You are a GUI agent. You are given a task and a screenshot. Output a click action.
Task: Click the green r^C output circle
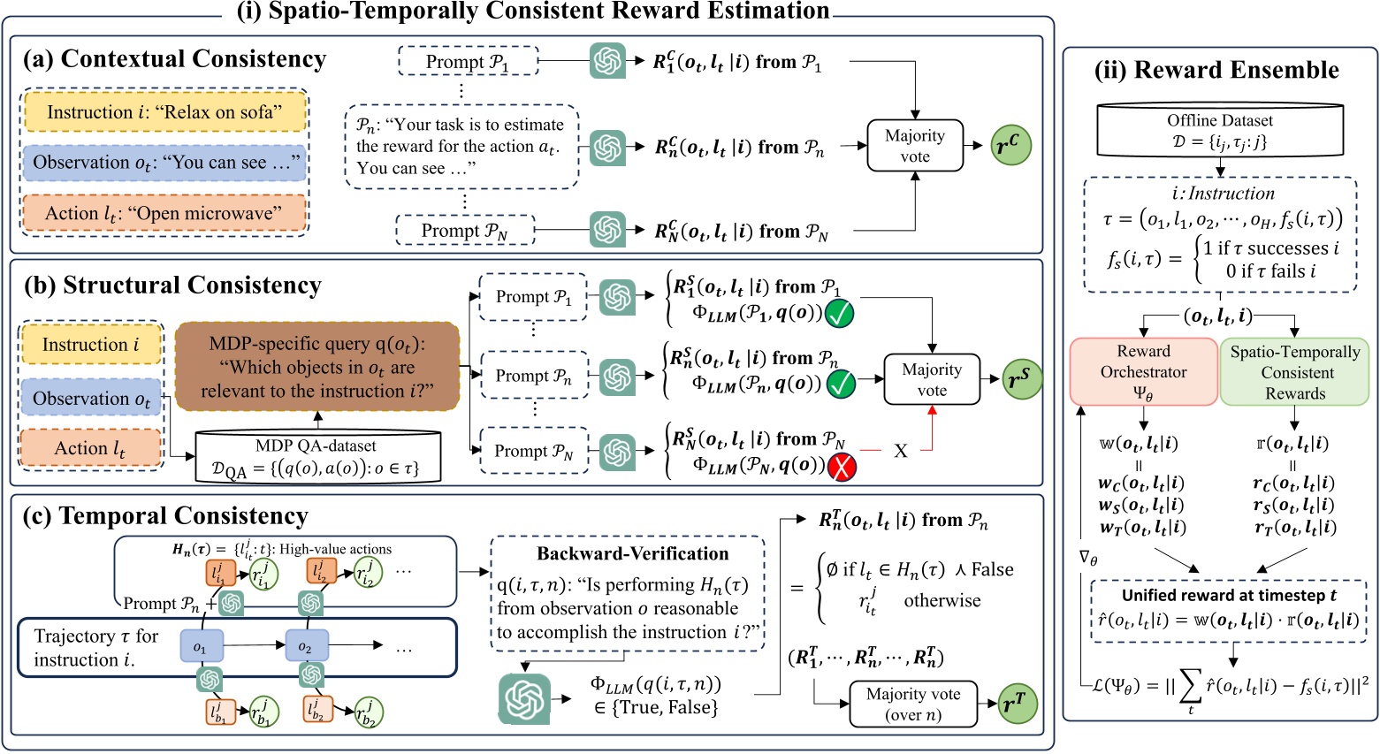(x=1010, y=144)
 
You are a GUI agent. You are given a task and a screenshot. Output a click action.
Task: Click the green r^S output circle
(x=1020, y=378)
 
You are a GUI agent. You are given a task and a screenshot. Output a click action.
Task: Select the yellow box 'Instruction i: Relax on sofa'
(x=165, y=112)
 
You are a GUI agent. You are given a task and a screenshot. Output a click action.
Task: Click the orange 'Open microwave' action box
(x=165, y=213)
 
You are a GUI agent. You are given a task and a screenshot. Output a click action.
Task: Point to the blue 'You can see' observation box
(x=165, y=163)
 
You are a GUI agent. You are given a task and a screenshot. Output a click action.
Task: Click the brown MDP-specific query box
(x=317, y=367)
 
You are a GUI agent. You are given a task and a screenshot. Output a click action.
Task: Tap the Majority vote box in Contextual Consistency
(x=915, y=146)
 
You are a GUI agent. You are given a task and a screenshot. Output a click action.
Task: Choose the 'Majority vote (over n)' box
(x=913, y=704)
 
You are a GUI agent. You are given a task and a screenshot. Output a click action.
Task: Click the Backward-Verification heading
(x=633, y=554)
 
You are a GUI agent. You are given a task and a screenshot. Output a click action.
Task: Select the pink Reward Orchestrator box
(x=1143, y=372)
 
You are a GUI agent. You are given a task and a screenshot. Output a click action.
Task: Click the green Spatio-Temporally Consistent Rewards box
(x=1295, y=372)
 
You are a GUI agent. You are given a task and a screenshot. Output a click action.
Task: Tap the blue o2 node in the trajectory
(x=306, y=647)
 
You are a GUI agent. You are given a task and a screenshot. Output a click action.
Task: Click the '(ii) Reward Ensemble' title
(x=1216, y=70)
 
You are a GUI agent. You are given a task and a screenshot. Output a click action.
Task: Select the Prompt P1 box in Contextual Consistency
(x=468, y=62)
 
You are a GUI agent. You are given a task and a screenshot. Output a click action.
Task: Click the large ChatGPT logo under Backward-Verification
(x=524, y=698)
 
